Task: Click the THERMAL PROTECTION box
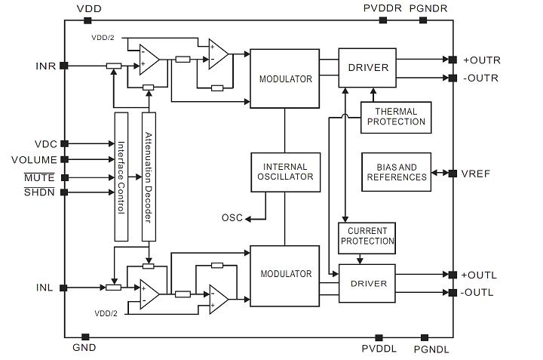tap(395, 117)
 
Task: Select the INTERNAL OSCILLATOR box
tap(285, 172)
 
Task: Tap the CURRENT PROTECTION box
tap(367, 236)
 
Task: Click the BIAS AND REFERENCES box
tap(396, 171)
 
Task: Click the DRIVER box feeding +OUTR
tap(368, 68)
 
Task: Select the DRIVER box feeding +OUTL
tap(368, 284)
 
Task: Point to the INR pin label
tap(45, 66)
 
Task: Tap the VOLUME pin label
tap(34, 159)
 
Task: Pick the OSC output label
tap(232, 218)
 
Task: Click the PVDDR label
tap(382, 8)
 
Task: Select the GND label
tap(84, 348)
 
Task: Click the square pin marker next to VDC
tap(64, 143)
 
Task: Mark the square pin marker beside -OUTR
tap(452, 78)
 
